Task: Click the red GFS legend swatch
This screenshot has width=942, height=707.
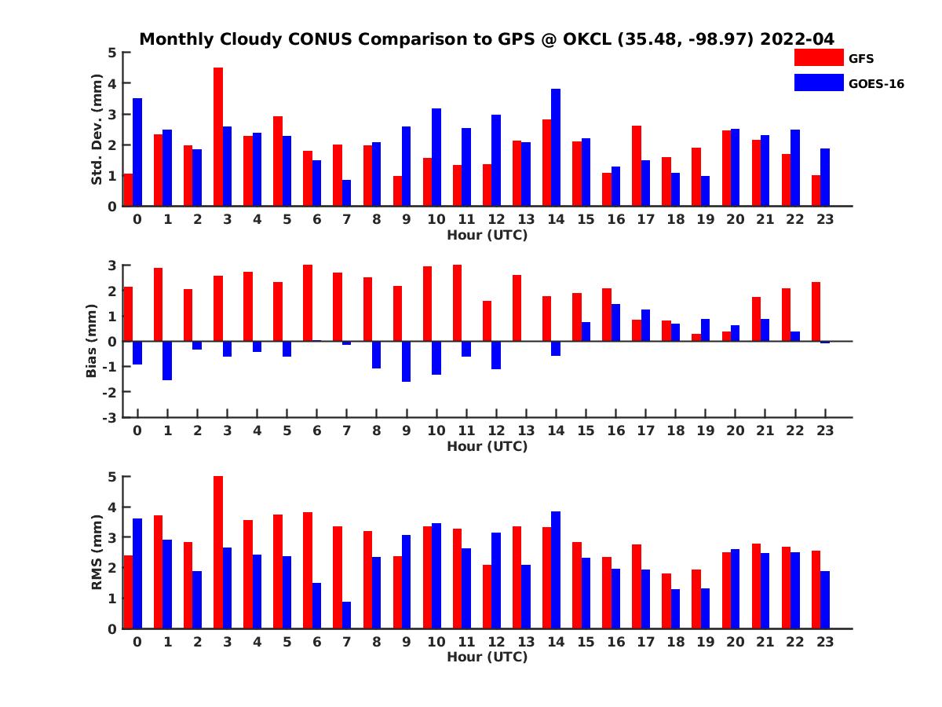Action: coord(819,57)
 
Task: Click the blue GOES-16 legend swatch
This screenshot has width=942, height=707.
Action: coord(819,82)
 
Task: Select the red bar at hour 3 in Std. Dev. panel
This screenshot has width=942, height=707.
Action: coord(218,137)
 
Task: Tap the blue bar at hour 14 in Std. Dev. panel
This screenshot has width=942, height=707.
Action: coord(556,148)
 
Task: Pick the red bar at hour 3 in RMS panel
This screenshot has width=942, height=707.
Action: coord(218,552)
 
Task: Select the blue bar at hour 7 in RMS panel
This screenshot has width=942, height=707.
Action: coord(346,615)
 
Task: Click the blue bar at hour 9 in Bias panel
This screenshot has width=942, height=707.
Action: coord(407,361)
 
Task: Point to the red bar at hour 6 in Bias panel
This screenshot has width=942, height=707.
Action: coord(308,302)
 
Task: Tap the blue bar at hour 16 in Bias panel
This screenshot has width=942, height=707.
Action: coord(615,322)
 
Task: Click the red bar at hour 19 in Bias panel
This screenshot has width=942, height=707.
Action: coord(696,337)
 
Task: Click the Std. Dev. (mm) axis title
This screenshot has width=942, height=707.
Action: coord(97,130)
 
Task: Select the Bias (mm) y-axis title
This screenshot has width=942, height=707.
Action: coord(92,340)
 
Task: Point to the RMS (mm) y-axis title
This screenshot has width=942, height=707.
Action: coord(97,552)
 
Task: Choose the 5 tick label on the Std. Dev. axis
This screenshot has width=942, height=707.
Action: coord(112,53)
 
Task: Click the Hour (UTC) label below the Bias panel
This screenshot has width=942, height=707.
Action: coord(487,446)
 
